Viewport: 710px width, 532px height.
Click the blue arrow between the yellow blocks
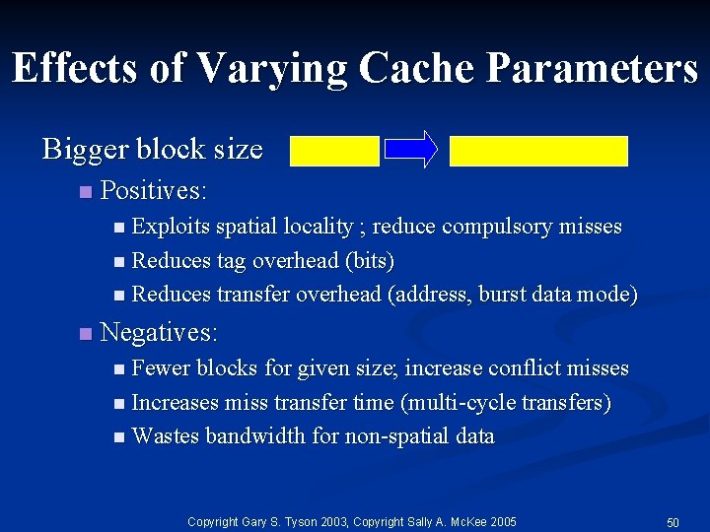click(410, 149)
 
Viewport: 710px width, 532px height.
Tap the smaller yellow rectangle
click(334, 150)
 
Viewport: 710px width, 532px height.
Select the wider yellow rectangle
click(538, 150)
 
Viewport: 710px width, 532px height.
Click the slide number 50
click(673, 521)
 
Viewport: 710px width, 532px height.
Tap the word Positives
click(153, 189)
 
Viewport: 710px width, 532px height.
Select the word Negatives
click(159, 332)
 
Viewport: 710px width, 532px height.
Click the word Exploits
click(171, 227)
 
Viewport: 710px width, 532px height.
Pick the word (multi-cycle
click(471, 402)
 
